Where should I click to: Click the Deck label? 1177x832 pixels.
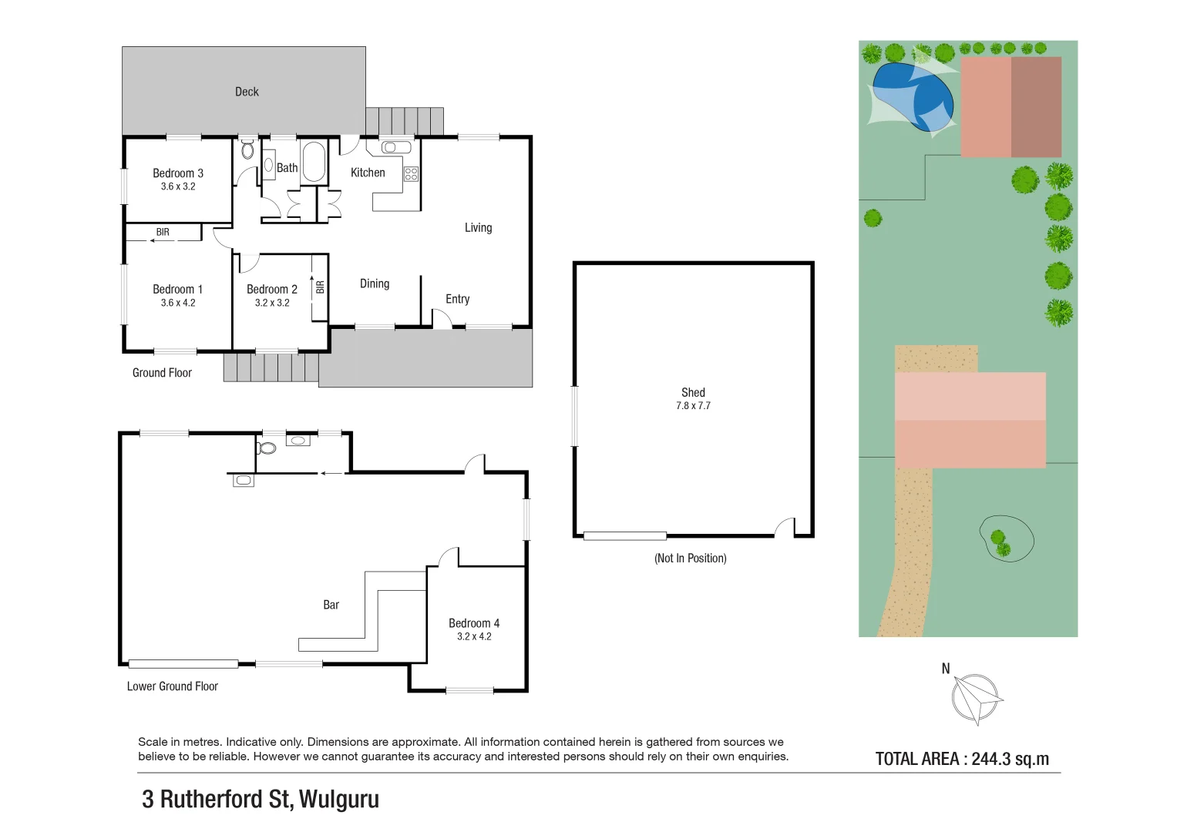pyautogui.click(x=247, y=92)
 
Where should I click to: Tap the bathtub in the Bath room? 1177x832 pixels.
pyautogui.click(x=314, y=162)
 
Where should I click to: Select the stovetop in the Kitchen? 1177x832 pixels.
pyautogui.click(x=411, y=174)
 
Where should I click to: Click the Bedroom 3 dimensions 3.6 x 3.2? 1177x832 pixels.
pyautogui.click(x=178, y=186)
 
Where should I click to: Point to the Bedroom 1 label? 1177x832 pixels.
pyautogui.click(x=177, y=289)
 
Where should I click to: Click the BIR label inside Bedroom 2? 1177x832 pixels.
pyautogui.click(x=320, y=287)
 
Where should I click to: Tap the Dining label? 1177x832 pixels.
pyautogui.click(x=375, y=283)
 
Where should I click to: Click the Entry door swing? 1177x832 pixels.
pyautogui.click(x=442, y=319)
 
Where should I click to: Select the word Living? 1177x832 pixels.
pyautogui.click(x=478, y=227)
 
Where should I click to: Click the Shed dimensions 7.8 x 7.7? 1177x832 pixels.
pyautogui.click(x=693, y=406)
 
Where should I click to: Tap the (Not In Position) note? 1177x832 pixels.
pyautogui.click(x=690, y=558)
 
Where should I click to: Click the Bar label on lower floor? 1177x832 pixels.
pyautogui.click(x=331, y=605)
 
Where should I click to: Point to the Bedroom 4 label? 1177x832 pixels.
pyautogui.click(x=474, y=623)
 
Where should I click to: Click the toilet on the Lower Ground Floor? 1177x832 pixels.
pyautogui.click(x=267, y=448)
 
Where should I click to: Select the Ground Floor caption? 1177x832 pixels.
pyautogui.click(x=162, y=373)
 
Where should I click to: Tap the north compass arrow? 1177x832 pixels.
pyautogui.click(x=977, y=698)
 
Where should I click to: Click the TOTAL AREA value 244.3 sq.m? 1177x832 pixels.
pyautogui.click(x=1010, y=759)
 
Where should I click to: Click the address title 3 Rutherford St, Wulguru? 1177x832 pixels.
pyautogui.click(x=261, y=799)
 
